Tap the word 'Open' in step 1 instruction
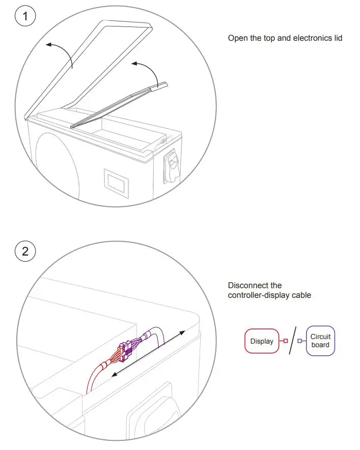click(x=237, y=38)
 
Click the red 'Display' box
click(x=262, y=341)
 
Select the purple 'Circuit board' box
click(x=320, y=341)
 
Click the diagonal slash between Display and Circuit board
click(x=293, y=341)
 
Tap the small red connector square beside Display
click(x=286, y=341)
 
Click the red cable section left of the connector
click(x=95, y=374)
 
